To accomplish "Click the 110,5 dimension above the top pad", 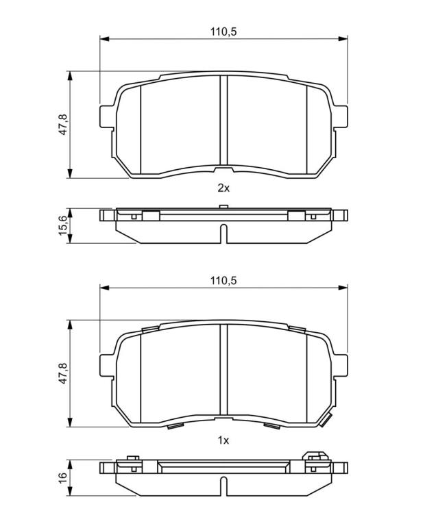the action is coord(223,32).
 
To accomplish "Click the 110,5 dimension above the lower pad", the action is coord(223,280).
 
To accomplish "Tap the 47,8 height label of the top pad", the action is coord(63,125).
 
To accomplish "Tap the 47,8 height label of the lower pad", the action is coord(63,373).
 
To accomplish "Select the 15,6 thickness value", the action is coord(63,225).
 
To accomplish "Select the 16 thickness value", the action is coord(63,477).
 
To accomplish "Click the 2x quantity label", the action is coord(223,188).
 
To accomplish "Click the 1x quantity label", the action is coord(223,440).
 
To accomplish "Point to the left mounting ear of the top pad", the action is coord(108,116).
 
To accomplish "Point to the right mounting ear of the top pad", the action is coord(340,116).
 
